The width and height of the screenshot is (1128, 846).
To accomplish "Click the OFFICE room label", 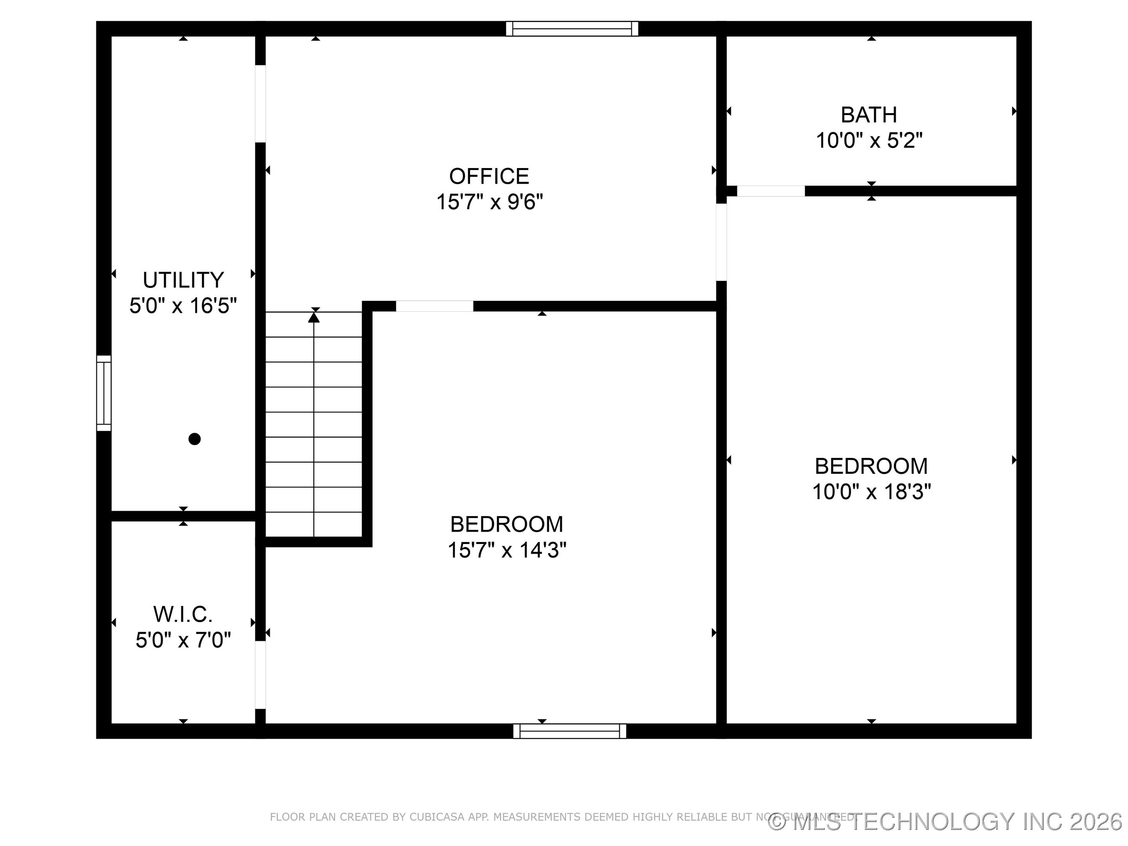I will pyautogui.click(x=488, y=176).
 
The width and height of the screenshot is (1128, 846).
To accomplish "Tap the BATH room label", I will pyautogui.click(x=868, y=115).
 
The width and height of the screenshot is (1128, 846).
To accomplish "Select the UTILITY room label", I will pyautogui.click(x=183, y=280).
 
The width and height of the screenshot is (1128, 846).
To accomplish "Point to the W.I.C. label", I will pyautogui.click(x=183, y=614).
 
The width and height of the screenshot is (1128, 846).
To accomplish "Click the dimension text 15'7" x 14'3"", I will pyautogui.click(x=506, y=550).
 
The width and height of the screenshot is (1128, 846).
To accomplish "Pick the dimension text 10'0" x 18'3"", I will pyautogui.click(x=871, y=492).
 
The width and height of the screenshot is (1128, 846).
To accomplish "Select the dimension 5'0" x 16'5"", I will pyautogui.click(x=183, y=306).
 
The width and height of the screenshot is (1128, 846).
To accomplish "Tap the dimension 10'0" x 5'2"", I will pyautogui.click(x=869, y=140).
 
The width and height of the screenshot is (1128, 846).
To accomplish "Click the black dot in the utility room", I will pyautogui.click(x=194, y=439).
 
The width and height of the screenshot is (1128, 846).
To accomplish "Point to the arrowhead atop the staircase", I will pyautogui.click(x=314, y=317).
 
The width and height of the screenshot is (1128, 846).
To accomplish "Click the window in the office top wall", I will pyautogui.click(x=572, y=29).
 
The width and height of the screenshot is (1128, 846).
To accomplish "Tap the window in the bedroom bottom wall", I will pyautogui.click(x=569, y=731).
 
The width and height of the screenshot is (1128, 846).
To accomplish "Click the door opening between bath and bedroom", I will pyautogui.click(x=770, y=191).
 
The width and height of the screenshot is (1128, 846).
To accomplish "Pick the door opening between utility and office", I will pyautogui.click(x=260, y=103).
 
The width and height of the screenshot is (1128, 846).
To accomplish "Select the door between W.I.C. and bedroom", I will pyautogui.click(x=260, y=675).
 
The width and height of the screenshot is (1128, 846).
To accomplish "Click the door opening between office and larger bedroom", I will pyautogui.click(x=434, y=306).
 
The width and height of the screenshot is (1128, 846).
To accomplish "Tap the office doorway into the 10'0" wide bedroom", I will pyautogui.click(x=721, y=242).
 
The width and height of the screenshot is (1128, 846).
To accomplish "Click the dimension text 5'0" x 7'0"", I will pyautogui.click(x=183, y=640).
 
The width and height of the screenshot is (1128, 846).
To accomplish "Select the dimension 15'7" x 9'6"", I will pyautogui.click(x=489, y=202).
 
